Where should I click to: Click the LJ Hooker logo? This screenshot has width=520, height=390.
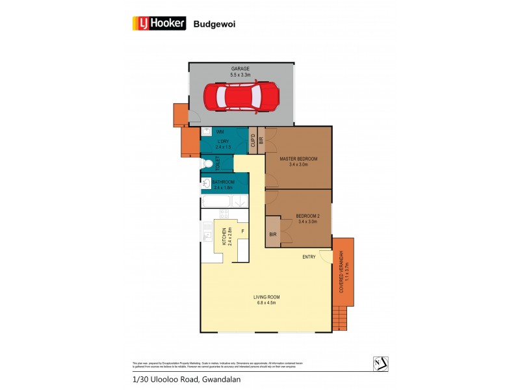click(x=159, y=23)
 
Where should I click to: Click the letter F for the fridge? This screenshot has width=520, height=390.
click(x=242, y=231)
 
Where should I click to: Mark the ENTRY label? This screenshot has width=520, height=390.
click(x=309, y=257)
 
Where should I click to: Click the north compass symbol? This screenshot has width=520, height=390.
click(x=380, y=363)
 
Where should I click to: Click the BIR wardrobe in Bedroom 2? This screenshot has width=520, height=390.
click(x=272, y=234)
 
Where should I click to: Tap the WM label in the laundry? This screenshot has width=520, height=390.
click(x=220, y=132)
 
